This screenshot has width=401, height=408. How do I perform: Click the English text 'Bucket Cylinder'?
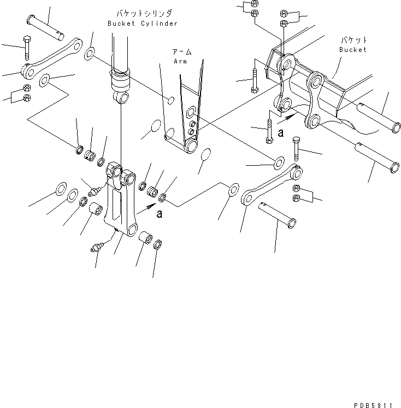click(143, 24)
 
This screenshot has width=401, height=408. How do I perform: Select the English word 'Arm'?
click(180, 61)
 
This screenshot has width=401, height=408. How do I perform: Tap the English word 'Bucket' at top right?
click(352, 50)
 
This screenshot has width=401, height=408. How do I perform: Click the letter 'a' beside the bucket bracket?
click(280, 132)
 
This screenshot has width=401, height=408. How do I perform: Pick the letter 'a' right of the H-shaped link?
click(159, 214)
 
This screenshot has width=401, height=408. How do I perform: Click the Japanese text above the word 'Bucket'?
click(354, 40)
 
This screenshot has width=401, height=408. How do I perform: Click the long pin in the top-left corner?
click(48, 26)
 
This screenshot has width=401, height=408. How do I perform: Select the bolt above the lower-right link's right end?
click(296, 147)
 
